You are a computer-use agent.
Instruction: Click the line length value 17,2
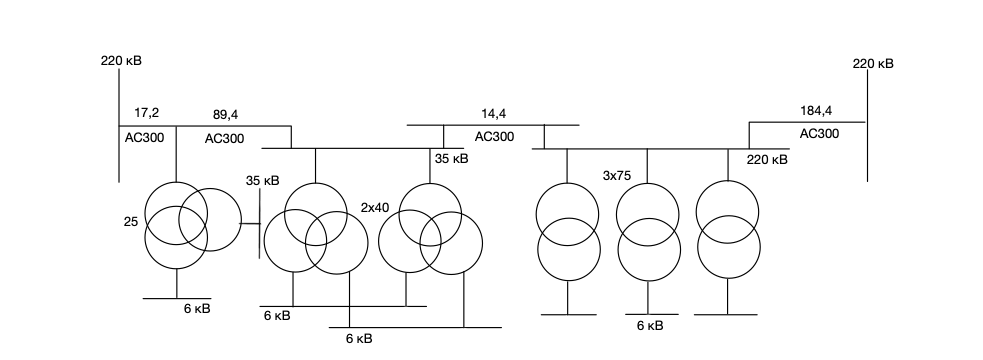point(147,113)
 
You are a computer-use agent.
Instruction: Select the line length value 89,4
point(226,115)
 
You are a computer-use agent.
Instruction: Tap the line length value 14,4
point(494,114)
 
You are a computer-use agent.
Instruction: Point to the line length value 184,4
point(816,111)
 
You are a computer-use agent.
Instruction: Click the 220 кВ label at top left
point(121,61)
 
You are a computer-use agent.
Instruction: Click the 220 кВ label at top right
point(873,63)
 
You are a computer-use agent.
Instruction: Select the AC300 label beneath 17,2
point(144,138)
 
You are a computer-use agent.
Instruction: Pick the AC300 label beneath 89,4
point(224,139)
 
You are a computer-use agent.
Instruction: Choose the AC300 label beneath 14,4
point(495,137)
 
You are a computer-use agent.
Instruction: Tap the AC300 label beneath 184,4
point(819,134)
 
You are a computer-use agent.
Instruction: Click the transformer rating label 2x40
point(375,208)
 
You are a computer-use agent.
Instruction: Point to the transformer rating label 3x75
point(617,176)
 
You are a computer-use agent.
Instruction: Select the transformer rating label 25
point(131,221)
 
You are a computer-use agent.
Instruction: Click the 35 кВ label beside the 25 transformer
point(263,181)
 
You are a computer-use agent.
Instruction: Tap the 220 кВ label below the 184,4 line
point(767,160)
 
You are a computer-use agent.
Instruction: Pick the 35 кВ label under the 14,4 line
point(452,159)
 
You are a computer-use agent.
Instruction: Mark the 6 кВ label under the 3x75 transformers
point(650,326)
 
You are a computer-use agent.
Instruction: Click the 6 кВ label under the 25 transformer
point(197,309)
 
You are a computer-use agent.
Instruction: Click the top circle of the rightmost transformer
point(727,212)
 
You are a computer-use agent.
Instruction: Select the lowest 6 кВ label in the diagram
point(359,339)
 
